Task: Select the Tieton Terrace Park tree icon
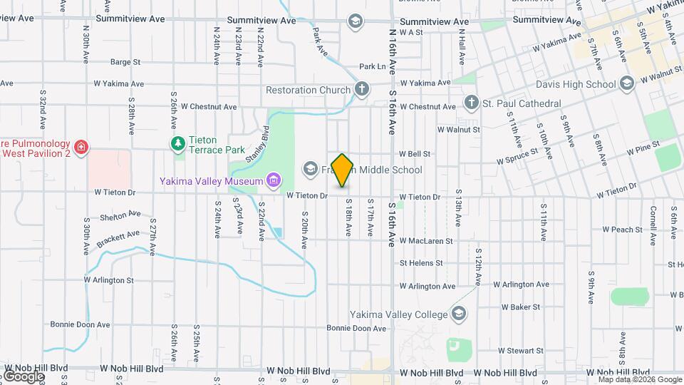178,145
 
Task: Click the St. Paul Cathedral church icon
471,103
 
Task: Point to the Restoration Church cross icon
362,90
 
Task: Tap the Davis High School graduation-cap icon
627,84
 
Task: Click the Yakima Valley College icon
459,314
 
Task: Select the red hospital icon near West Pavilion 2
83,147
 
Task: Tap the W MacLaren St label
425,241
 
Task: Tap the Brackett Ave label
119,236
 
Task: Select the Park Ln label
372,66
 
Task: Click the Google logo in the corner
24,376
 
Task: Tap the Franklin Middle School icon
310,170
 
